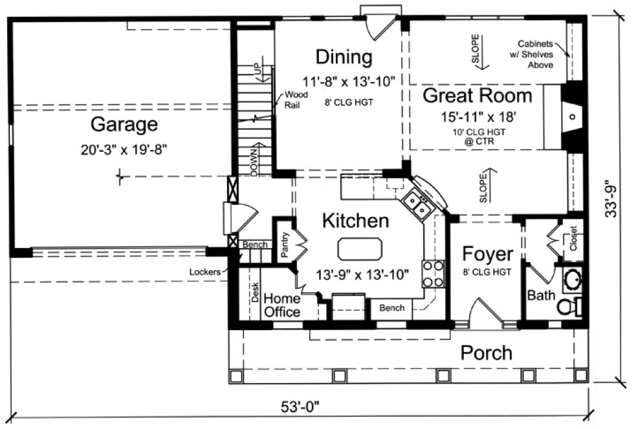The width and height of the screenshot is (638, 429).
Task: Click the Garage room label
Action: click(124, 123)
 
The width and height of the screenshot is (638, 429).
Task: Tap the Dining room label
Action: click(344, 58)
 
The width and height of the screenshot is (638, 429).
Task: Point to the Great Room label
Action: click(478, 96)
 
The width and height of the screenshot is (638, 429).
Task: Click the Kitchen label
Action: click(355, 221)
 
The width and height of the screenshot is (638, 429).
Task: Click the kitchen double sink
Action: click(416, 205)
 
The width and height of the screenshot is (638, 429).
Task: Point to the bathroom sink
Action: click(572, 280)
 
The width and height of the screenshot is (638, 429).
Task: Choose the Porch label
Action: click(486, 353)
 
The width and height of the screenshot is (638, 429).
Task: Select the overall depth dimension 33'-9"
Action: click(613, 202)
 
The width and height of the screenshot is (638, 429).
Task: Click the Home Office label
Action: click(281, 305)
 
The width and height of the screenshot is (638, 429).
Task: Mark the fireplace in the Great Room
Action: click(571, 116)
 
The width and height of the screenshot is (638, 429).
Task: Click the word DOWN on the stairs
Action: click(254, 158)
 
